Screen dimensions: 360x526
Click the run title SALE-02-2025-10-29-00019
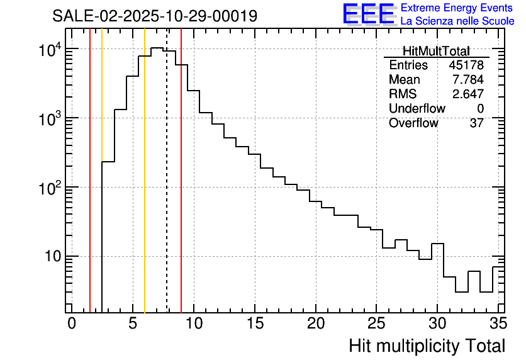pos(155,16)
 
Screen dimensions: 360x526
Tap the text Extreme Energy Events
pos(457,8)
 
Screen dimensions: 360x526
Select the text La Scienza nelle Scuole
pos(457,21)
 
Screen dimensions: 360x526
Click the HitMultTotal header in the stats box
pos(436,52)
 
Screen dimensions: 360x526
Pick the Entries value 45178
pos(466,65)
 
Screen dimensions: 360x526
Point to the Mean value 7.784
pos(468,80)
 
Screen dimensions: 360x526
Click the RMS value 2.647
pos(468,94)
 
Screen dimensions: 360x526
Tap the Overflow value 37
pos(476,123)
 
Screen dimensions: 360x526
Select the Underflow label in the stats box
pos(417,109)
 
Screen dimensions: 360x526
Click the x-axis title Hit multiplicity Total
pos(427,346)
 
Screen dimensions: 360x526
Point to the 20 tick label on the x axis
pos(316,323)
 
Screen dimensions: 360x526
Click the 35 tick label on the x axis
pos(498,323)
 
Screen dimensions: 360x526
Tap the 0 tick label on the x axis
pos(72,323)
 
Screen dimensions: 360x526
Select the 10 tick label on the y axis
pos(50,256)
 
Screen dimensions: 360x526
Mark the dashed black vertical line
pos(167,189)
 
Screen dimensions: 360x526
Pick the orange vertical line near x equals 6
pos(145,189)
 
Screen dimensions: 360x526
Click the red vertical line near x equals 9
pos(181,189)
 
